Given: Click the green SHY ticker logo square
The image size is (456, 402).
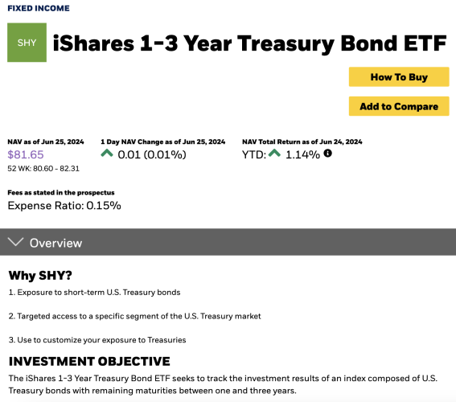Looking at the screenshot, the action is click(x=27, y=43).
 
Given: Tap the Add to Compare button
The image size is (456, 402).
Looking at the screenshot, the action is click(x=399, y=106).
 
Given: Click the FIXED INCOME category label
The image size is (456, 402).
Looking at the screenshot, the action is click(x=39, y=8).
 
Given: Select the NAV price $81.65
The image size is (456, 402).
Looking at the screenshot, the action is click(x=26, y=154).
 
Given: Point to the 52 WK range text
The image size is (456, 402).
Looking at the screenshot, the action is click(x=43, y=169).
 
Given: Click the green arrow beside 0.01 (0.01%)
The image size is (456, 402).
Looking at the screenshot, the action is click(x=107, y=153).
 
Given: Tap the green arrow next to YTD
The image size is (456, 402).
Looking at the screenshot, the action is click(x=274, y=153).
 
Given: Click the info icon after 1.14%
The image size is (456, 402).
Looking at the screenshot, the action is click(x=328, y=154).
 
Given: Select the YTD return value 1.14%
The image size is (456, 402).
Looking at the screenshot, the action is click(x=302, y=154).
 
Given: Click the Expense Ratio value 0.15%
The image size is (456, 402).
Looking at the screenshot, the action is click(x=104, y=206).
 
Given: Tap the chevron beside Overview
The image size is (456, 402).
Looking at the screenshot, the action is click(x=15, y=241).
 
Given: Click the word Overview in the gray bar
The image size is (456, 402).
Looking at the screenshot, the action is click(x=55, y=244).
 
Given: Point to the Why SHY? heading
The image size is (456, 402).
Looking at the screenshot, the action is click(x=40, y=275).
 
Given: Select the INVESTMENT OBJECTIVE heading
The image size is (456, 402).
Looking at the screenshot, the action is click(x=89, y=361).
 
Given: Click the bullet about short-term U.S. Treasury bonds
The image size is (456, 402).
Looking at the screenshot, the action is click(x=95, y=292).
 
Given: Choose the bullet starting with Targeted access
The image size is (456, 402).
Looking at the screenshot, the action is click(x=134, y=316).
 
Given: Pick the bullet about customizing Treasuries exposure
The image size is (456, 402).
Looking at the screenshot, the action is click(x=97, y=340).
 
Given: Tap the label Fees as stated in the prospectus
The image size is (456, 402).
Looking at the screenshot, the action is click(x=61, y=192).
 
